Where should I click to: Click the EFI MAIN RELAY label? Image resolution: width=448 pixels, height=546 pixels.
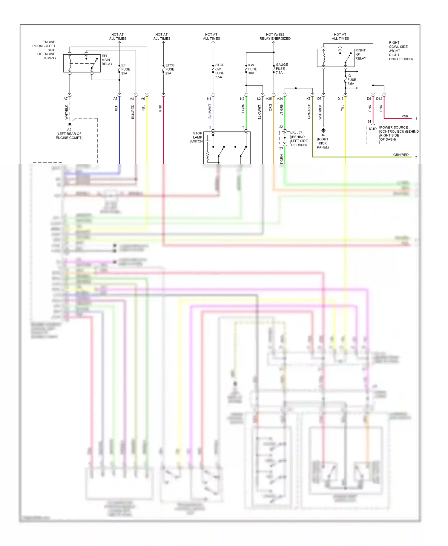pyautogui.click(x=107, y=60)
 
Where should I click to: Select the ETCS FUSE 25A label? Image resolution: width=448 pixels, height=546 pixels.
pyautogui.click(x=170, y=69)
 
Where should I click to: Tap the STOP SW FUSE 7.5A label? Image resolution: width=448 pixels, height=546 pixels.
pyautogui.click(x=220, y=71)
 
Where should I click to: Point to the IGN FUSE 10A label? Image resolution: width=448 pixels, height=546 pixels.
pyautogui.click(x=252, y=69)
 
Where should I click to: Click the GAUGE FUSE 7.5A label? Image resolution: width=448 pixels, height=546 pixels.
pyautogui.click(x=281, y=69)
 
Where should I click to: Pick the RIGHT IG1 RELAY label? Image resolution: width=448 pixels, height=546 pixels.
pyautogui.click(x=360, y=54)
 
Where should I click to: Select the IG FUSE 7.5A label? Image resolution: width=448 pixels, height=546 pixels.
pyautogui.click(x=352, y=80)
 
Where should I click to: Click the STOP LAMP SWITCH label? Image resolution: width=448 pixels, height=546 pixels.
pyautogui.click(x=196, y=137)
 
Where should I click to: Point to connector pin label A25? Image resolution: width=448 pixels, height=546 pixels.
pyautogui.click(x=269, y=99)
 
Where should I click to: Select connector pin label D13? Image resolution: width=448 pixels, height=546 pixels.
pyautogui.click(x=340, y=99)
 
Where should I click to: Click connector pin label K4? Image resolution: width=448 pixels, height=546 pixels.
pyautogui.click(x=209, y=99)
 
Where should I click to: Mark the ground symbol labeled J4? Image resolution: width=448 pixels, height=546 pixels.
pyautogui.click(x=323, y=131)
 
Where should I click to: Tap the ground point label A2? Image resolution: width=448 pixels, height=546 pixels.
pyautogui.click(x=69, y=130)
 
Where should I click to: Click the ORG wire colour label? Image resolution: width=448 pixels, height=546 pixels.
pyautogui.click(x=270, y=108)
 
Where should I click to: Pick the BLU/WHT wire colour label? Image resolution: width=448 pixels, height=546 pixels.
pyautogui.click(x=210, y=111)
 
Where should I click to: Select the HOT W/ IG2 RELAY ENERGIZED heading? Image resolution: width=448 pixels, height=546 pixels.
pyautogui.click(x=275, y=36)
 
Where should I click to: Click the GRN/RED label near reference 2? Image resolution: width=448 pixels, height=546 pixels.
pyautogui.click(x=401, y=155)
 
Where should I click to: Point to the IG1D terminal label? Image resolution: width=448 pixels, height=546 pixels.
pyautogui.click(x=372, y=129)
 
